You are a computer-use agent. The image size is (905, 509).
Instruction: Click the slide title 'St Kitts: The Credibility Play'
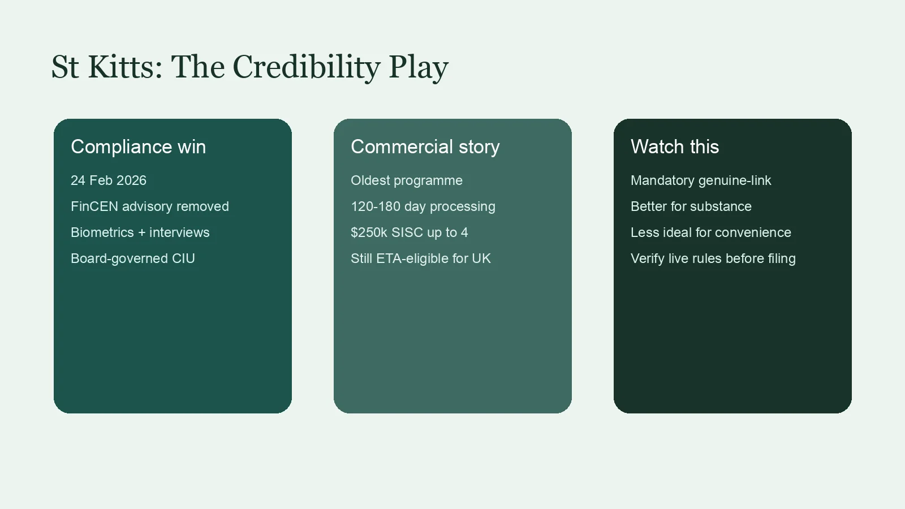[249, 67]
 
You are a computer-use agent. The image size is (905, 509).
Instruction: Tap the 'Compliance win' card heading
[138, 146]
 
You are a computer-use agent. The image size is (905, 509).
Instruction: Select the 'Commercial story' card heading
[425, 147]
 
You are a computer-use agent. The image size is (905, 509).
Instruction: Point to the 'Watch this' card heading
[675, 146]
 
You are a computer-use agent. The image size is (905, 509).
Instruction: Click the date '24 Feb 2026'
[108, 180]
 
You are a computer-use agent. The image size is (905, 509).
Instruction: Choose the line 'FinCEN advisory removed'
[149, 206]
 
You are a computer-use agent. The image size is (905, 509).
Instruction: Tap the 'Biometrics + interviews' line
[140, 232]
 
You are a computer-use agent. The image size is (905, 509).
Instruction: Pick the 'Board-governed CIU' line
[132, 258]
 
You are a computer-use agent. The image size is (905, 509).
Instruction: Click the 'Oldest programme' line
[407, 180]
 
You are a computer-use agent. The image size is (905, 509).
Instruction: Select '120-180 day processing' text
[423, 207]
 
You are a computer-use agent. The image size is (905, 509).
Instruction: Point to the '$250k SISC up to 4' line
[410, 232]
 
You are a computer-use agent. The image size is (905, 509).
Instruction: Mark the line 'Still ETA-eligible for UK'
[421, 258]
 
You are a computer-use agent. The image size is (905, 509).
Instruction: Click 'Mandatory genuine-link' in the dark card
[701, 180]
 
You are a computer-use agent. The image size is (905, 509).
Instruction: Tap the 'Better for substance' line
[691, 206]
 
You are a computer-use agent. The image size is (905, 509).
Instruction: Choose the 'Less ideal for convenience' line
[710, 232]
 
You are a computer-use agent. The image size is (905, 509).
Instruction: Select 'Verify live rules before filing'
[713, 258]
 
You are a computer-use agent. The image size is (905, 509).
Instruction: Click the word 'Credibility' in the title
[306, 67]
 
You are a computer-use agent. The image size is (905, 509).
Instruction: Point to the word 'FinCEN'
[94, 206]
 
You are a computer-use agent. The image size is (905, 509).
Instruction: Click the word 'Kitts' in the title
[125, 67]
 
